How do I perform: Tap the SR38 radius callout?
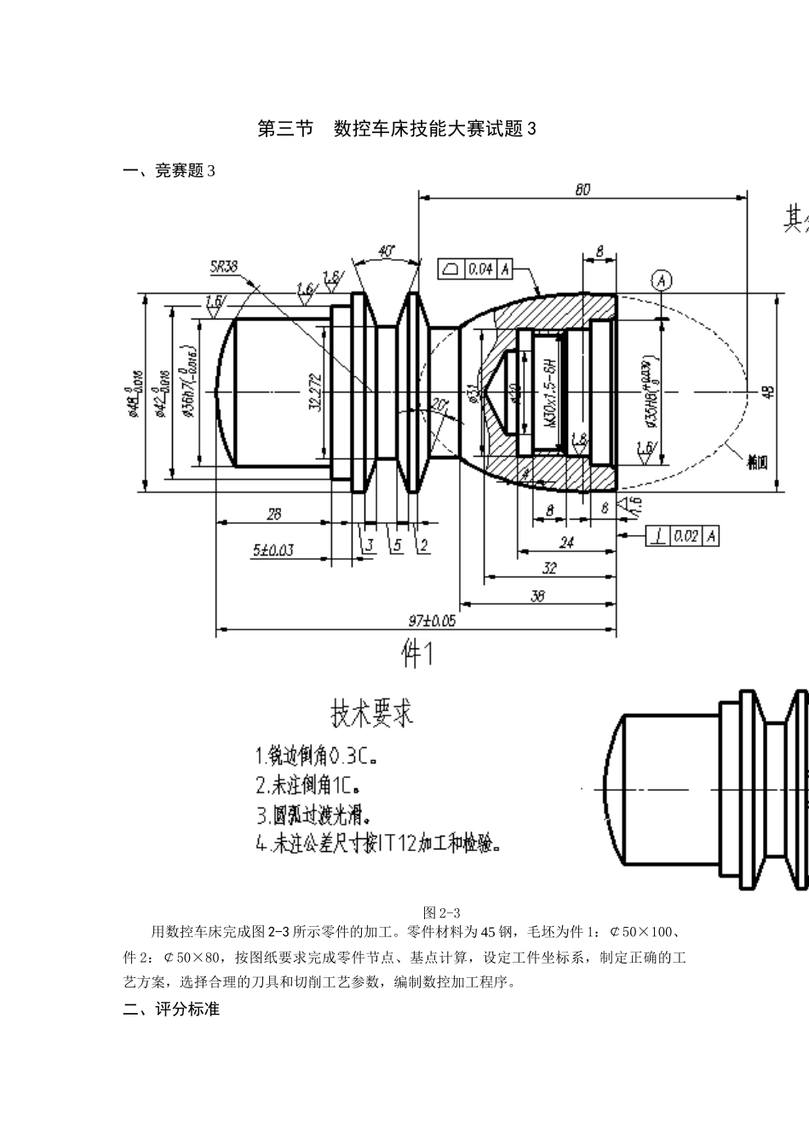click(x=224, y=267)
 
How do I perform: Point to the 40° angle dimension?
click(x=386, y=251)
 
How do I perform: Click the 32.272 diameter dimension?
click(x=314, y=392)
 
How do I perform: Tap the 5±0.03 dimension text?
click(x=273, y=550)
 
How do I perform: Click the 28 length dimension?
click(x=273, y=514)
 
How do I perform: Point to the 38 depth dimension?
click(x=537, y=597)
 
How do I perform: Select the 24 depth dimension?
click(x=565, y=543)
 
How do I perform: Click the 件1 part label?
click(x=418, y=654)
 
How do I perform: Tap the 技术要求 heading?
click(x=371, y=713)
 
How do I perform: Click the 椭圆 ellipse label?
click(x=757, y=463)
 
